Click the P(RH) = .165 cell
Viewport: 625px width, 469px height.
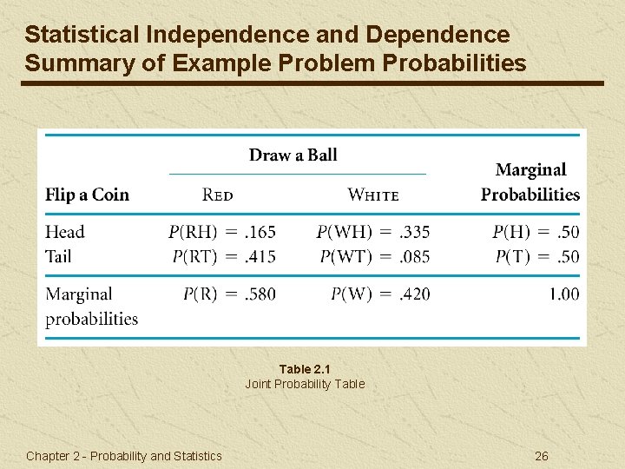[x=221, y=232]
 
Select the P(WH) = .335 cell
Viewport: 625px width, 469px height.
[x=372, y=232]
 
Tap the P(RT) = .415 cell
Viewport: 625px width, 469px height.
[x=223, y=256]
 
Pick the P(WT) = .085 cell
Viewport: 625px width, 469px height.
[x=374, y=256]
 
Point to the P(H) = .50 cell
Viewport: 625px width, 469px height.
[x=536, y=232]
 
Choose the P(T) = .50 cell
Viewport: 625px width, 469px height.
[x=537, y=256]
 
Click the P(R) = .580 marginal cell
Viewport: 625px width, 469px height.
[x=229, y=294]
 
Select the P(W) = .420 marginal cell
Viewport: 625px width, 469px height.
[x=380, y=294]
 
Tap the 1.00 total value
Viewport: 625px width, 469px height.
[x=563, y=294]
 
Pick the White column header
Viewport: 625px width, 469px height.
[x=373, y=195]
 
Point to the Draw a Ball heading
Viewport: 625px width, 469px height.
[x=293, y=155]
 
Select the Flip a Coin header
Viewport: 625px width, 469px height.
[x=87, y=195]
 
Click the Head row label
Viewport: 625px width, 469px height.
[x=65, y=232]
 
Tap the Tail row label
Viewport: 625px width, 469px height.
[x=58, y=256]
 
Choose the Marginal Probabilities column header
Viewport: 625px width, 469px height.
[x=530, y=182]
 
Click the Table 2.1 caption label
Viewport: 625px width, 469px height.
[x=305, y=369]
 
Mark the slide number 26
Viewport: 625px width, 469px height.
[x=542, y=456]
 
